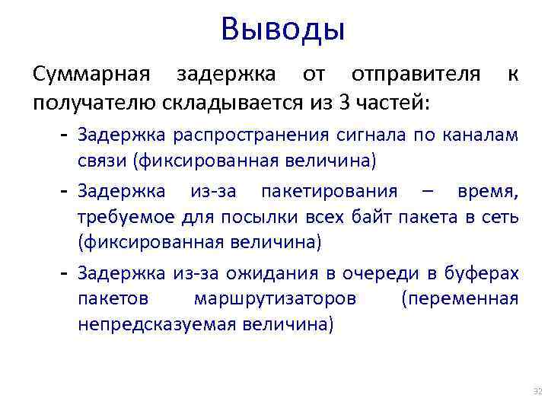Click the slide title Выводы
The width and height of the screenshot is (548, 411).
(x=283, y=30)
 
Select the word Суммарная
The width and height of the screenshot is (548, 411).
(x=91, y=75)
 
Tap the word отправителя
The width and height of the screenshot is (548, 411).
(x=416, y=75)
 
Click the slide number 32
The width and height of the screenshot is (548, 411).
(x=537, y=392)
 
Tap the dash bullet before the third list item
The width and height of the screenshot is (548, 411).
(x=65, y=271)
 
